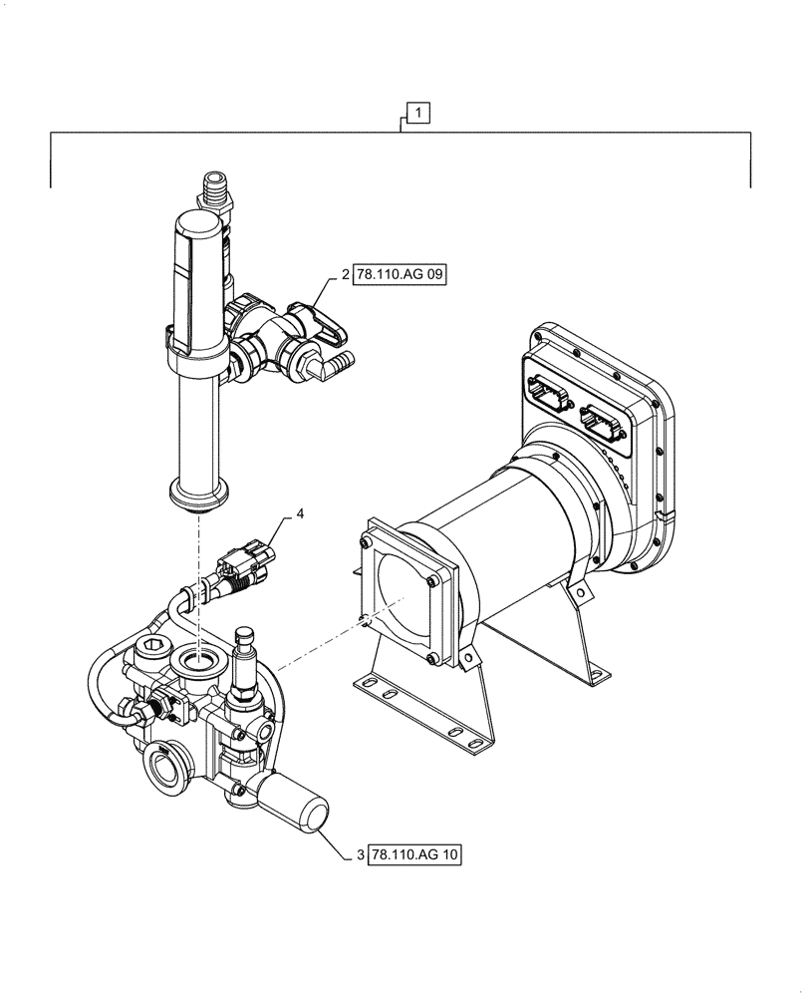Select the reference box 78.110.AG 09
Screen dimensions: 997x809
[401, 275]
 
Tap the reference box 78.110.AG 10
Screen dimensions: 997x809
[415, 854]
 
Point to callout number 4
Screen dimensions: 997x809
[299, 515]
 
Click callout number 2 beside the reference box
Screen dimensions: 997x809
[346, 275]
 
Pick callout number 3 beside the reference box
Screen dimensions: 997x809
[362, 854]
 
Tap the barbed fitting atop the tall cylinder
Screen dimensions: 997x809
[214, 187]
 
